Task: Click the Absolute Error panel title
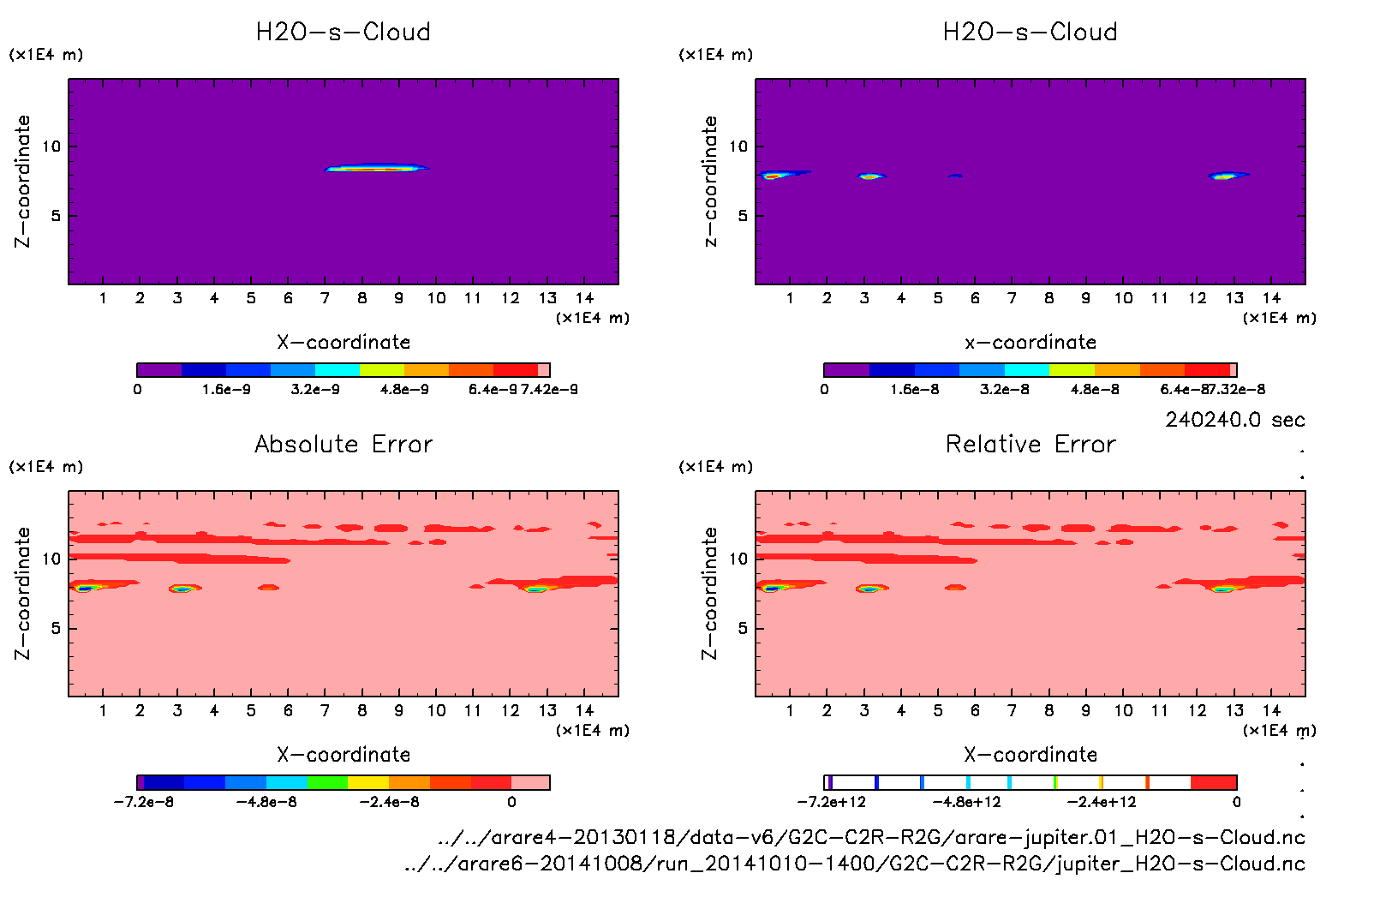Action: pyautogui.click(x=343, y=444)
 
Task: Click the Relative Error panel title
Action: pyautogui.click(x=1030, y=444)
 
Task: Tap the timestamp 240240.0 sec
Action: pyautogui.click(x=1234, y=420)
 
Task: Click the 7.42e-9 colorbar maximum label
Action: pyautogui.click(x=549, y=389)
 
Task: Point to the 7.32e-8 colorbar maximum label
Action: pyautogui.click(x=1234, y=389)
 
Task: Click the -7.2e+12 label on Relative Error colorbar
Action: pyautogui.click(x=831, y=802)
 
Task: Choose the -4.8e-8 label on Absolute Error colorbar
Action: pyautogui.click(x=266, y=802)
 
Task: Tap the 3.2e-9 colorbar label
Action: pyautogui.click(x=315, y=389)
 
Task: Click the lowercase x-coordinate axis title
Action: pyautogui.click(x=1030, y=342)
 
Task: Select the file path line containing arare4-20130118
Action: pyautogui.click(x=871, y=837)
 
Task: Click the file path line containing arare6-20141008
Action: pyautogui.click(x=854, y=864)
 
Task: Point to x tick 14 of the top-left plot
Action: pyautogui.click(x=584, y=298)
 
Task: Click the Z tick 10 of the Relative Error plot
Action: pyautogui.click(x=738, y=559)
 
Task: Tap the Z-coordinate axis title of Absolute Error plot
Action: pyautogui.click(x=22, y=593)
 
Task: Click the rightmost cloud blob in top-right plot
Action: pyautogui.click(x=1226, y=176)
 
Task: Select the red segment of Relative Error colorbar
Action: pyautogui.click(x=1213, y=782)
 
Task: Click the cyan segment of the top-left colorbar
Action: pyautogui.click(x=337, y=370)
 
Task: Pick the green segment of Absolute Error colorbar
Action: pyautogui.click(x=327, y=782)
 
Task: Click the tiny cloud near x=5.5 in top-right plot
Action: pyautogui.click(x=955, y=176)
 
